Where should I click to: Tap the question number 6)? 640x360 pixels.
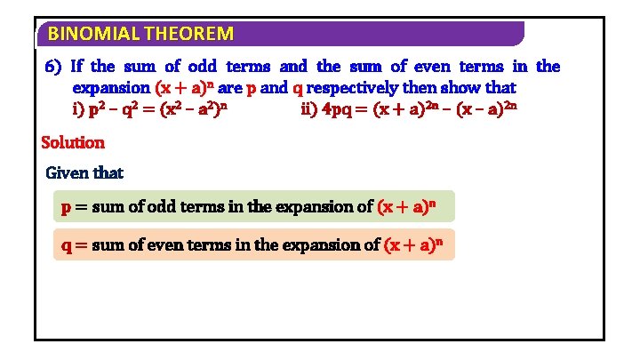53,67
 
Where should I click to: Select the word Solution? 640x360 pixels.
73,142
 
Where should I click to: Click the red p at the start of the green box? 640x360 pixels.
66,207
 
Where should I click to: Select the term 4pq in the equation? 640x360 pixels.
339,111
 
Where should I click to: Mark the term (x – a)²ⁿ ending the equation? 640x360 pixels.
487,111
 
